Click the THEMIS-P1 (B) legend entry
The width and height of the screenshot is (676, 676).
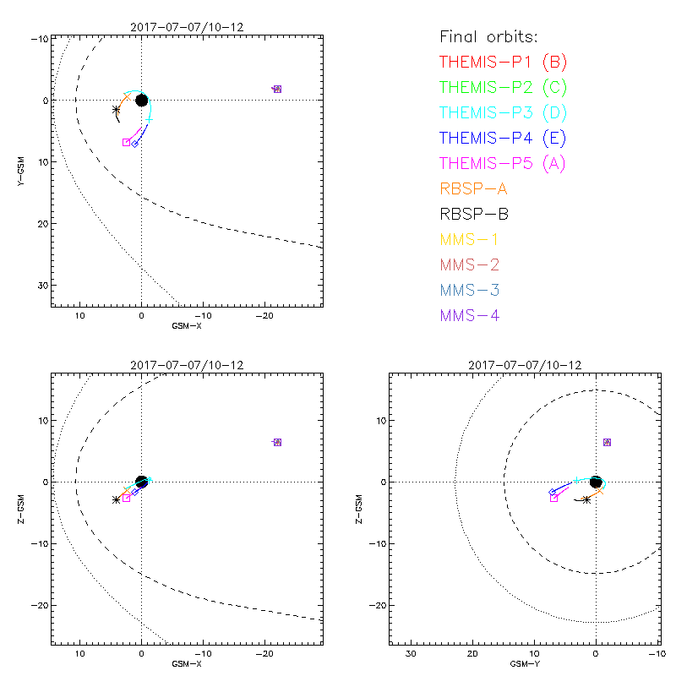[503, 62]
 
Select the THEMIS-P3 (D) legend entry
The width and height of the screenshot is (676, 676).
[503, 112]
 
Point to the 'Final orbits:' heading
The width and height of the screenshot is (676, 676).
[489, 36]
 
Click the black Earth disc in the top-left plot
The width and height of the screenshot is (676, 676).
[141, 101]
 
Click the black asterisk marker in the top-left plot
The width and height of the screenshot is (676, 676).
[117, 110]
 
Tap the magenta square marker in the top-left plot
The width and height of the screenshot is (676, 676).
[127, 142]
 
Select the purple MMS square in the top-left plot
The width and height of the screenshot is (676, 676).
[277, 89]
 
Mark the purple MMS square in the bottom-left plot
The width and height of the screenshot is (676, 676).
[277, 442]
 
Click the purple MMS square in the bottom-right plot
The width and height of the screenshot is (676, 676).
[607, 442]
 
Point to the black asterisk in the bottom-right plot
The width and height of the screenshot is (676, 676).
[586, 499]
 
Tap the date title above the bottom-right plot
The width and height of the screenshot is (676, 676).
[524, 365]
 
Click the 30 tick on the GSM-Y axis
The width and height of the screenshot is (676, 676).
[411, 655]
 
